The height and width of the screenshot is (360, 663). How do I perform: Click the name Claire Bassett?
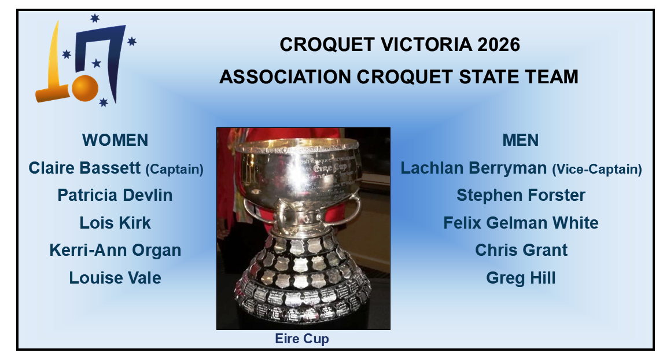click(84, 168)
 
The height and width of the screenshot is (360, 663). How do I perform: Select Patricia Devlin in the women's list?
click(115, 195)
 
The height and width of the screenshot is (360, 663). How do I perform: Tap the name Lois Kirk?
click(115, 223)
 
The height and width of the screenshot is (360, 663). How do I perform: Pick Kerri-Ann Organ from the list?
click(115, 250)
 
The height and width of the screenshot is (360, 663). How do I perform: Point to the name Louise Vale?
click(115, 278)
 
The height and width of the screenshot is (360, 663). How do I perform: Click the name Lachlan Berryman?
click(474, 168)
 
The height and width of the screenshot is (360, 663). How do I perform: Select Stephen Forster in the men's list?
click(521, 195)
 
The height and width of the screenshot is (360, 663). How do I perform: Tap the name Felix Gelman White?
click(521, 223)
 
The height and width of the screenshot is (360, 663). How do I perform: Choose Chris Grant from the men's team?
click(521, 250)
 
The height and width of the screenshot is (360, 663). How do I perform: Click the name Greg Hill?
click(521, 278)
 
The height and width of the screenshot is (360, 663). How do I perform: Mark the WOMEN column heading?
click(115, 140)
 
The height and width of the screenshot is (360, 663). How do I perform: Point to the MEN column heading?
click(521, 140)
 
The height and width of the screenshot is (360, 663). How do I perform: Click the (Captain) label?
click(174, 170)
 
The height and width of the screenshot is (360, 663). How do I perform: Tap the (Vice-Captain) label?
click(597, 170)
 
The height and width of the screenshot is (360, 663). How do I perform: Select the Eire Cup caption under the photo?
click(302, 339)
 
